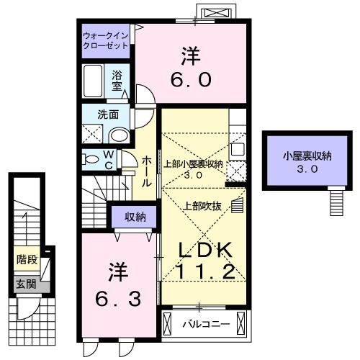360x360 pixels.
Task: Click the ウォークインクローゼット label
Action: [x=105, y=39]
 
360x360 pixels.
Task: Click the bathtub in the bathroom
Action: [x=94, y=81]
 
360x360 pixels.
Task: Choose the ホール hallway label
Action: [x=146, y=171]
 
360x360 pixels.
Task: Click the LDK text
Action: [x=204, y=251]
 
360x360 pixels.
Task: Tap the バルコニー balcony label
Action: [x=205, y=324]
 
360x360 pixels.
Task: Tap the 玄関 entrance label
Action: [x=27, y=284]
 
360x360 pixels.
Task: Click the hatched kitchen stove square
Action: [x=240, y=171]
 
